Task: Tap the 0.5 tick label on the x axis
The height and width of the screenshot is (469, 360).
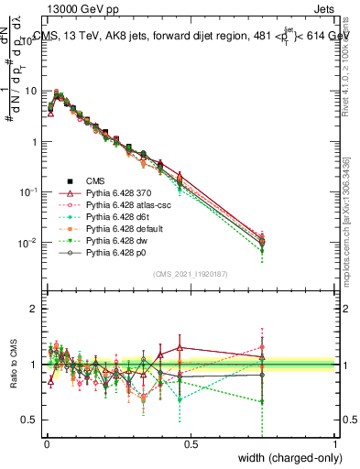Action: click(x=191, y=443)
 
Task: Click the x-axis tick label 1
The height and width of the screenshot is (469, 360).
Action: click(x=335, y=443)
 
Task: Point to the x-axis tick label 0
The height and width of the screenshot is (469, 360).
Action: click(x=46, y=443)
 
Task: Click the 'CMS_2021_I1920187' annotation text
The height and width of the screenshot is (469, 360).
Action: click(x=191, y=274)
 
